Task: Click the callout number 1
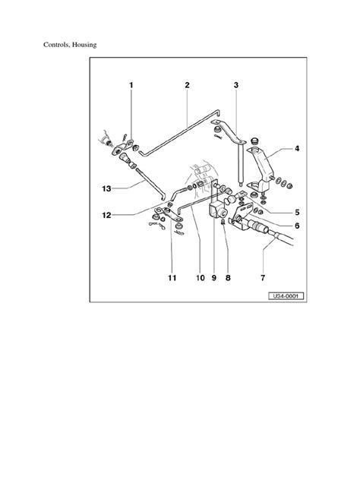[131, 85]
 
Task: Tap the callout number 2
[187, 85]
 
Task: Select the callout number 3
[236, 85]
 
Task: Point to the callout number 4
[297, 149]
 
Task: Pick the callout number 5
[297, 213]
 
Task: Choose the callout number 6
[297, 226]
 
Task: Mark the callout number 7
[263, 278]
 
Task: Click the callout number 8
[228, 278]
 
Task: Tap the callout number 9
[213, 278]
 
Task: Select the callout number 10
[201, 278]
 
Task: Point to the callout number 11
[172, 278]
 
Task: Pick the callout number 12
[106, 215]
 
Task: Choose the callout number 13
[106, 188]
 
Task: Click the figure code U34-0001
[286, 296]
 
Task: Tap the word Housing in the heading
[84, 45]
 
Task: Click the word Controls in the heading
[57, 45]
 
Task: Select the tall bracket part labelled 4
[261, 169]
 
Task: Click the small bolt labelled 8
[223, 221]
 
